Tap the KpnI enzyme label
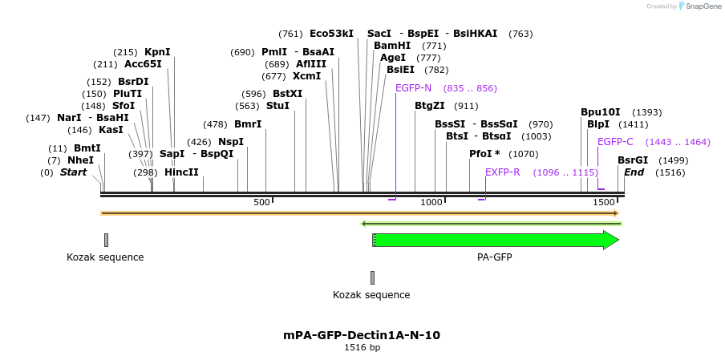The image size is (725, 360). tap(157, 52)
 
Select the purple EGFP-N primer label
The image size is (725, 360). tap(413, 88)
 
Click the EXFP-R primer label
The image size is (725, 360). tap(502, 172)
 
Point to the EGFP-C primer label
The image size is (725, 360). tap(615, 142)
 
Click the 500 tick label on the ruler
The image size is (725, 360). tap(261, 203)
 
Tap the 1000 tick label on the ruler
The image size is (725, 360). tap(431, 203)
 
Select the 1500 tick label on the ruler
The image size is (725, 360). tap(603, 203)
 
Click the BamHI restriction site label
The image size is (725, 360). tap(392, 46)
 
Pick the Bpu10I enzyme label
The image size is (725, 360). tap(600, 112)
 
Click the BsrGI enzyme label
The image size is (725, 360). tap(633, 160)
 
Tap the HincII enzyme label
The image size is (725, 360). tap(181, 172)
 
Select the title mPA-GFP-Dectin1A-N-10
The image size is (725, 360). tap(362, 335)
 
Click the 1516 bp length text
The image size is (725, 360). tap(362, 348)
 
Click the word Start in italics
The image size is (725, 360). tap(73, 172)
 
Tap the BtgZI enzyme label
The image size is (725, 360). tap(429, 106)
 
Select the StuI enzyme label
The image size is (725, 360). tap(277, 106)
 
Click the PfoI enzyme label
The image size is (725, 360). tap(484, 154)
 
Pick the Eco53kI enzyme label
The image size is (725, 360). tap(331, 34)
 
